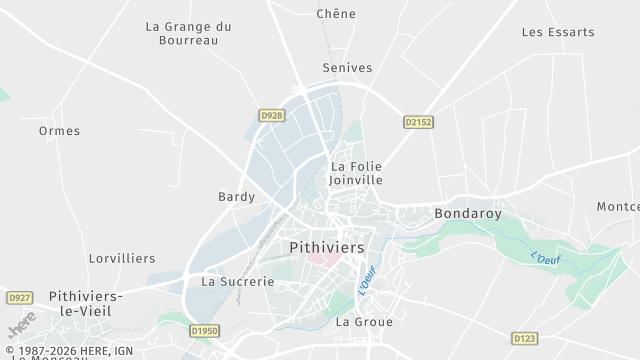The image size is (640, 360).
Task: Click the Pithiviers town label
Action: tap(327, 246)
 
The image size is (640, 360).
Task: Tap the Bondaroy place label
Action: tap(467, 213)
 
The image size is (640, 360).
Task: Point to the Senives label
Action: tap(347, 68)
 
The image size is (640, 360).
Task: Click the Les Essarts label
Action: tap(558, 32)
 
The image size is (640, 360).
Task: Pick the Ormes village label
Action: tap(59, 131)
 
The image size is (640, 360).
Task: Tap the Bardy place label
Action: tap(237, 197)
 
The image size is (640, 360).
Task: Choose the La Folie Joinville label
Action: tap(357, 173)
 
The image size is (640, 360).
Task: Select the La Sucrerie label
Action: tap(238, 282)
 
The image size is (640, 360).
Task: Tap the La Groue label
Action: tap(364, 322)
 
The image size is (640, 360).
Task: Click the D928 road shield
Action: tap(272, 116)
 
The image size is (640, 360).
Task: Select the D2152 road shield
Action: tap(419, 122)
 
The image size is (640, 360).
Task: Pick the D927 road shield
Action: tap(19, 298)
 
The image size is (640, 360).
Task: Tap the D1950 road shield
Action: tap(203, 330)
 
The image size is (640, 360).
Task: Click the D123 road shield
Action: tap(524, 338)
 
